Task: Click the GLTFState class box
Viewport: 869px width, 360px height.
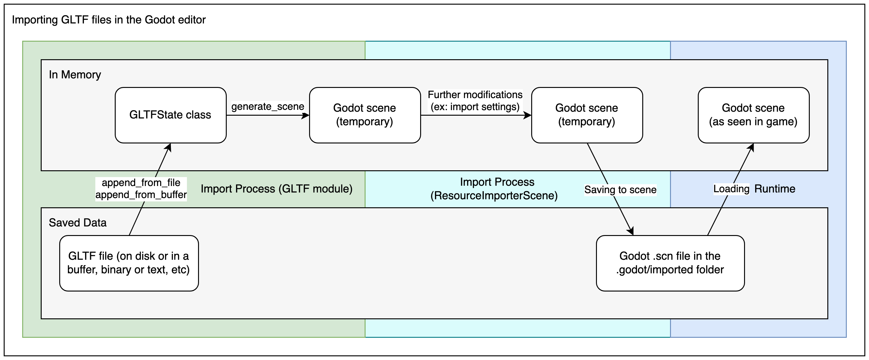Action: click(170, 115)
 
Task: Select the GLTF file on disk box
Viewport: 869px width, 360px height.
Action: click(129, 263)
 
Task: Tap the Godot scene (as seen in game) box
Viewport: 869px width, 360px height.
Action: click(753, 115)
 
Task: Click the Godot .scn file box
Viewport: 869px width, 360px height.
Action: click(670, 263)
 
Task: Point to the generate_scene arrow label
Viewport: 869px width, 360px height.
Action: click(267, 107)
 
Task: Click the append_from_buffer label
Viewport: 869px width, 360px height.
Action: click(141, 195)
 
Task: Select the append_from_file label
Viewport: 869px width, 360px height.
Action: click(141, 183)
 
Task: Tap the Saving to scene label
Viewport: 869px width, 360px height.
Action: click(620, 190)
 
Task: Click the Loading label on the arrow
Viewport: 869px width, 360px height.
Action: click(731, 188)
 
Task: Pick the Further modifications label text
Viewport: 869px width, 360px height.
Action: click(475, 95)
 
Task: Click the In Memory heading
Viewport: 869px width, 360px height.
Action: click(75, 75)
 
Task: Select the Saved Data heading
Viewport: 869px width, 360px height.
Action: click(78, 223)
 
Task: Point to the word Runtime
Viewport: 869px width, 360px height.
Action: click(775, 188)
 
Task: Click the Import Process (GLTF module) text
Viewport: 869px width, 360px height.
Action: click(276, 188)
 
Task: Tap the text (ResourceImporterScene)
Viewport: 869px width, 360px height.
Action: click(494, 196)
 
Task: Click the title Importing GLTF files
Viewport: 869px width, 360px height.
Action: click(109, 20)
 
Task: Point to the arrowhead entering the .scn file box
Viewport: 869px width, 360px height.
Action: click(631, 232)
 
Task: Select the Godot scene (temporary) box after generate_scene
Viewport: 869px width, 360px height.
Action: click(365, 115)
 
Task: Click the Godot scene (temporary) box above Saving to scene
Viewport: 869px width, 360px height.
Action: click(587, 115)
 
